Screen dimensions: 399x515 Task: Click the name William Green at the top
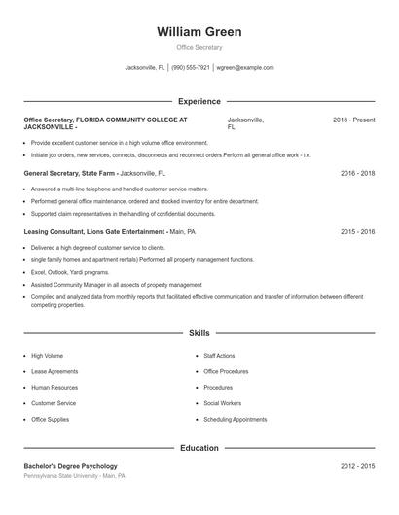coord(199,32)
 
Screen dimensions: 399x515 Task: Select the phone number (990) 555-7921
coord(192,68)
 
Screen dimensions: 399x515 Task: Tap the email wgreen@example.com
coord(245,68)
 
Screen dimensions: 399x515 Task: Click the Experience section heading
coord(199,101)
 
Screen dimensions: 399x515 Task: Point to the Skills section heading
coord(199,333)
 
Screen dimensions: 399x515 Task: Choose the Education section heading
coord(199,449)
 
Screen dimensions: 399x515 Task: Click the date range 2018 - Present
coord(353,120)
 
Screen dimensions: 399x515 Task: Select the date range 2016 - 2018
coord(357,173)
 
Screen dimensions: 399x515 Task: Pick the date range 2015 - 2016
coord(357,232)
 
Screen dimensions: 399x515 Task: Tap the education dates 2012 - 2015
coord(357,466)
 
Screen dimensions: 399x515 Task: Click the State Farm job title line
coord(94,173)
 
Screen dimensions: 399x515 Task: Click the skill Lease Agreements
coord(55,371)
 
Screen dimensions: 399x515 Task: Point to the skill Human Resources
coord(54,387)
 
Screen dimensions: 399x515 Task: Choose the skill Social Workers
coord(223,402)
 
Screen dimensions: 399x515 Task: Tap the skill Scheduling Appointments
coord(235,419)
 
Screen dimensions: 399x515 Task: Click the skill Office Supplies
coord(51,419)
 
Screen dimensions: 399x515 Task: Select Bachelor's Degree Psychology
coord(70,466)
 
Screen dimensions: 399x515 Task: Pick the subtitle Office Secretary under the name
coord(199,47)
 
